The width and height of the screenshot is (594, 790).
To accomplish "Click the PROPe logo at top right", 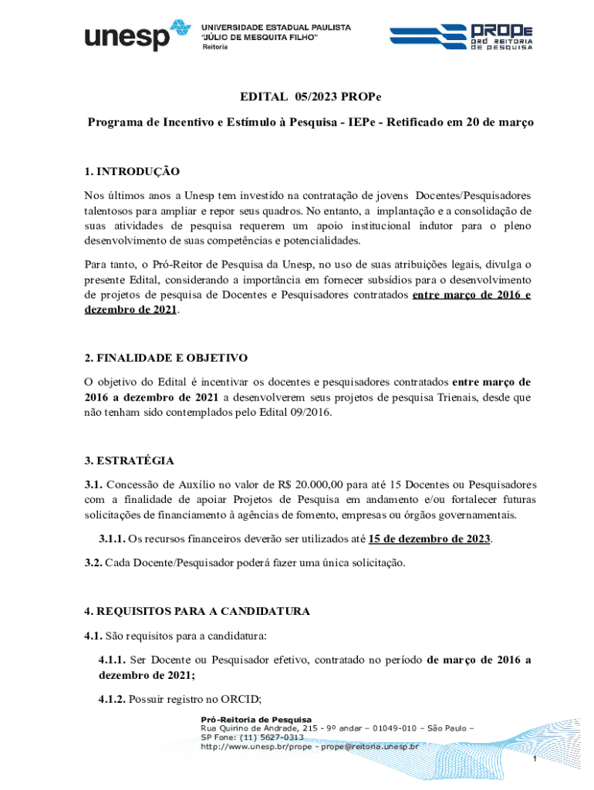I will pos(461,35).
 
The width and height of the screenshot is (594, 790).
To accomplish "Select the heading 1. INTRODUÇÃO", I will pos(132,170).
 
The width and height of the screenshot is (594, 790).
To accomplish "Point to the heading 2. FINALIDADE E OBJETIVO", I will pos(165,358).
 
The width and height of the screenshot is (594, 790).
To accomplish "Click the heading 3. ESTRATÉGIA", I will pos(129,461).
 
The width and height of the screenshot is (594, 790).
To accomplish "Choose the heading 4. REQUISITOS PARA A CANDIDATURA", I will pos(197,611).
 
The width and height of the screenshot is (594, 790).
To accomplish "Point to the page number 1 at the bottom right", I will pos(534,760).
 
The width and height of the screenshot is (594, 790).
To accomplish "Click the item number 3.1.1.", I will pos(111,538).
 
